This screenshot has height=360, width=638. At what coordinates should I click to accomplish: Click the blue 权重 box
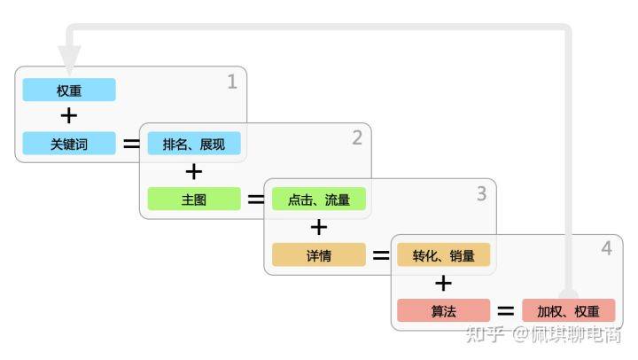pos(69,90)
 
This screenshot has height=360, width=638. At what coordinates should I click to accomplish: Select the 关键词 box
pos(69,144)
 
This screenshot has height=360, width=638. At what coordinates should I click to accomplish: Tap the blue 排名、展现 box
pos(194,144)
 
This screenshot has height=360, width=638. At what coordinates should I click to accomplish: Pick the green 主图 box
pos(194,200)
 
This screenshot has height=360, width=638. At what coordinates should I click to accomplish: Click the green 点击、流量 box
pos(319,200)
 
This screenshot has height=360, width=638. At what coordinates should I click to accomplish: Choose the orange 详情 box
pos(319,255)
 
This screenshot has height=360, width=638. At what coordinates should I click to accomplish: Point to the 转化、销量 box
pos(444,255)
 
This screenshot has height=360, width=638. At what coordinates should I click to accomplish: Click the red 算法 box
pos(444,310)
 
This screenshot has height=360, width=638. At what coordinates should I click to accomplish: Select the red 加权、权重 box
pos(568,310)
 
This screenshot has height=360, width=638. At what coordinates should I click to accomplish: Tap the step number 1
pos(232,82)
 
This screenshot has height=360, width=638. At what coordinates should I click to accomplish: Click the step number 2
pos(357,137)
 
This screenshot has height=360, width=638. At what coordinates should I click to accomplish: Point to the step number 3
pos(482,193)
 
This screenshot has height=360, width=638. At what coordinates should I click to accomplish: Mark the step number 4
pos(607,248)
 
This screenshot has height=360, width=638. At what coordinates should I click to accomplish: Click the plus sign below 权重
pos(69,115)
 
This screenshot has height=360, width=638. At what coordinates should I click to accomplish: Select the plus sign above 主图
pos(194,171)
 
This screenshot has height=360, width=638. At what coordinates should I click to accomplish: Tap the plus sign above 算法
pos(443,283)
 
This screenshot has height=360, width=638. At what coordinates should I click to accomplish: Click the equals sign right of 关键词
pos(132,144)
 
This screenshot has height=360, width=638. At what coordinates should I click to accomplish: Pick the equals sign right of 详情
pos(381,255)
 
